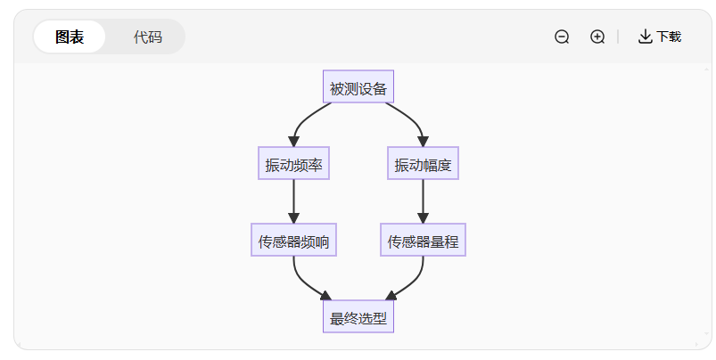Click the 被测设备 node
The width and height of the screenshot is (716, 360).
(x=358, y=87)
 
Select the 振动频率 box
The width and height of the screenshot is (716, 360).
(x=293, y=164)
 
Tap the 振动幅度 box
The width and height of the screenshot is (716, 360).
(x=423, y=164)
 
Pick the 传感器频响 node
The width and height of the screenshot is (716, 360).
(x=293, y=241)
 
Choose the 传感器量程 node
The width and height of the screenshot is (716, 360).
(x=423, y=241)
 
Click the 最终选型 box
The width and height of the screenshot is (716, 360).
(x=358, y=317)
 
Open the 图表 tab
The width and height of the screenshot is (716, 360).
(x=70, y=37)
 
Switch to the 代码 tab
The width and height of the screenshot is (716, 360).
(x=147, y=37)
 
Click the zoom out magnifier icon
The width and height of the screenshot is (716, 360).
(x=562, y=37)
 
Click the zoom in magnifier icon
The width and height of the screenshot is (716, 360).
(x=597, y=37)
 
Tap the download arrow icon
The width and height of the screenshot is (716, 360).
(x=645, y=37)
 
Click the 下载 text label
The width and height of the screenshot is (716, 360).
(x=669, y=37)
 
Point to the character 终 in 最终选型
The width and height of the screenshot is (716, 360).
(x=350, y=318)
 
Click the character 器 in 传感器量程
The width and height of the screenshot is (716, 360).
(x=423, y=241)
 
